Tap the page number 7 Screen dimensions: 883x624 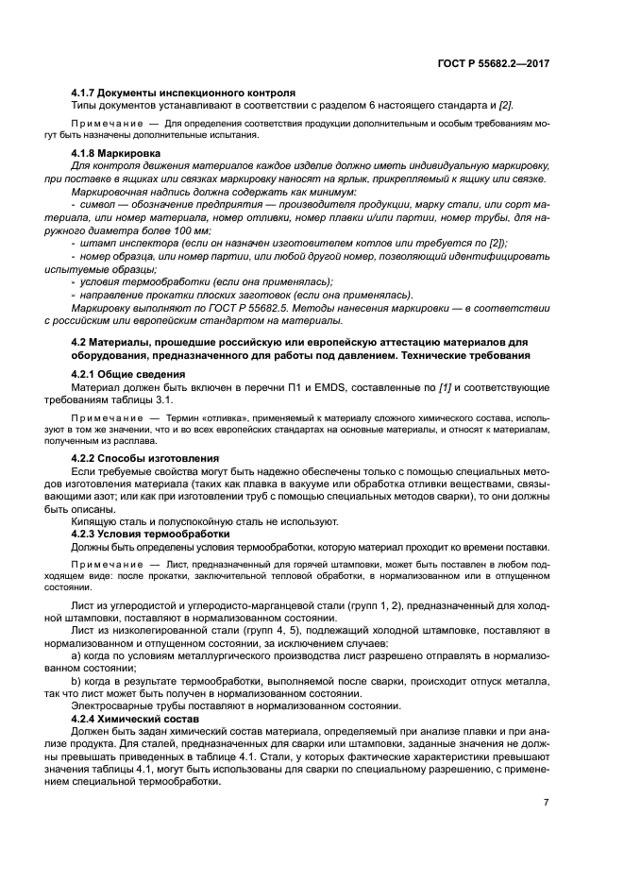pyautogui.click(x=547, y=803)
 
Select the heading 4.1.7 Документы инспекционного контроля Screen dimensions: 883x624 pyautogui.click(x=184, y=93)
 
